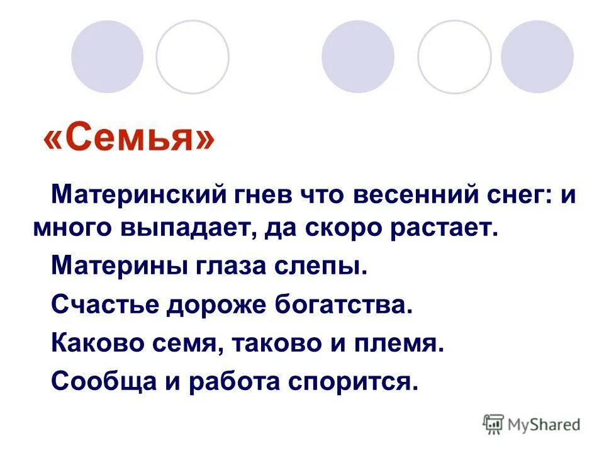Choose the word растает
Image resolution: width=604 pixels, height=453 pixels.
click(x=445, y=228)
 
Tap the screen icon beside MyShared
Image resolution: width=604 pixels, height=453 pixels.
click(x=494, y=424)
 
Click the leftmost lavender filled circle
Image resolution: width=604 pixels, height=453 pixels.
click(x=107, y=57)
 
